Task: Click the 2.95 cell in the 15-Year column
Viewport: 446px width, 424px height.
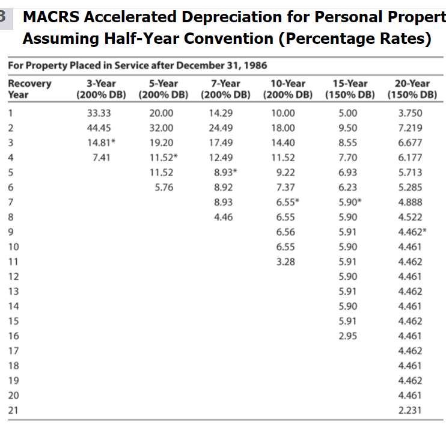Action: pos(347,336)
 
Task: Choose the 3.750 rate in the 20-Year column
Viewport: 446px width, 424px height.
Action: pos(410,112)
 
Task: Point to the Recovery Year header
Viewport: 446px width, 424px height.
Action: pos(29,89)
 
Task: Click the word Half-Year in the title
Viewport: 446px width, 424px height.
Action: pos(127,39)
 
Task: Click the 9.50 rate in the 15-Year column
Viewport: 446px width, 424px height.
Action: pos(347,128)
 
